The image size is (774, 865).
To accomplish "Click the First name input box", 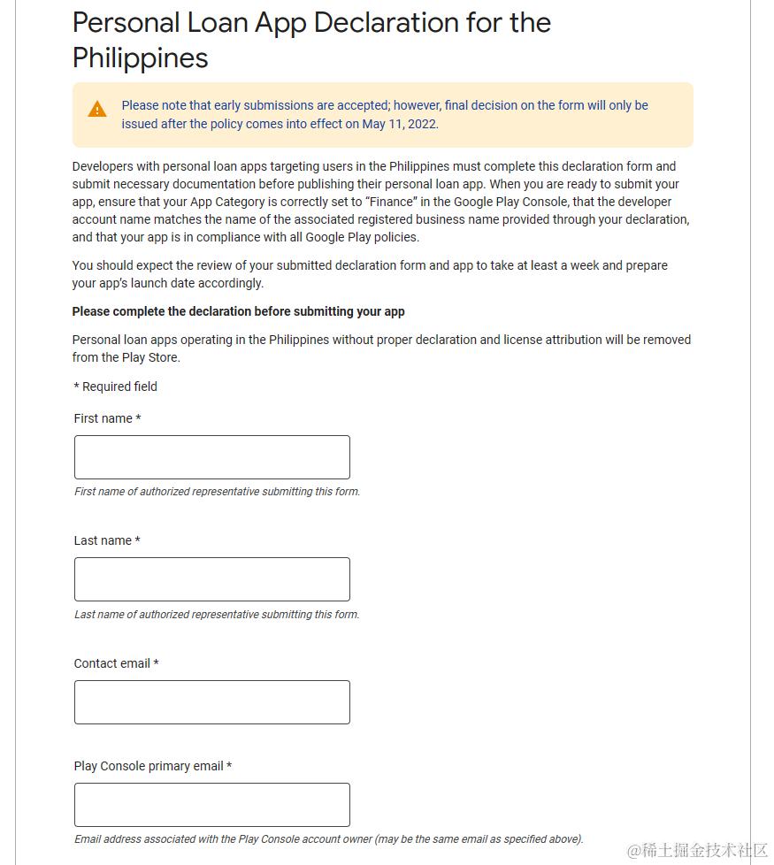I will [211, 457].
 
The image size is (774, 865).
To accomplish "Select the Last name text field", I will [211, 579].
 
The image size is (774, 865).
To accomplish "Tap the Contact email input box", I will [211, 702].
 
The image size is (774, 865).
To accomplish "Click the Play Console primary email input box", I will [211, 805].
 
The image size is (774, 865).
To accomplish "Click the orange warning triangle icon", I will [97, 110].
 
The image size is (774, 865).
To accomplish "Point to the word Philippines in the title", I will [140, 57].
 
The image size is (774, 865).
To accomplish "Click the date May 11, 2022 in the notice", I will [399, 124].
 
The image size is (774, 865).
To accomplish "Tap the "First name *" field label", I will [107, 418].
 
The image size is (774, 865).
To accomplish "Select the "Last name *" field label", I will [107, 540].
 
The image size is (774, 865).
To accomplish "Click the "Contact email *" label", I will [116, 663].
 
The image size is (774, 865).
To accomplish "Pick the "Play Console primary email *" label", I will [152, 766].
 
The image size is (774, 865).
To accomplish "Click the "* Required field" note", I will [115, 387].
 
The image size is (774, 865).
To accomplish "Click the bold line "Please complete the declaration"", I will [238, 311].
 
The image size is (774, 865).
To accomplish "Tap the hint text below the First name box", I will [217, 492].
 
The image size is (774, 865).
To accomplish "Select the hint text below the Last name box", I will [217, 615].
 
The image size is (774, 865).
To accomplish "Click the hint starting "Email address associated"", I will [328, 839].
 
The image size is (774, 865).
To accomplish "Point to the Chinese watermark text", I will [698, 850].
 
